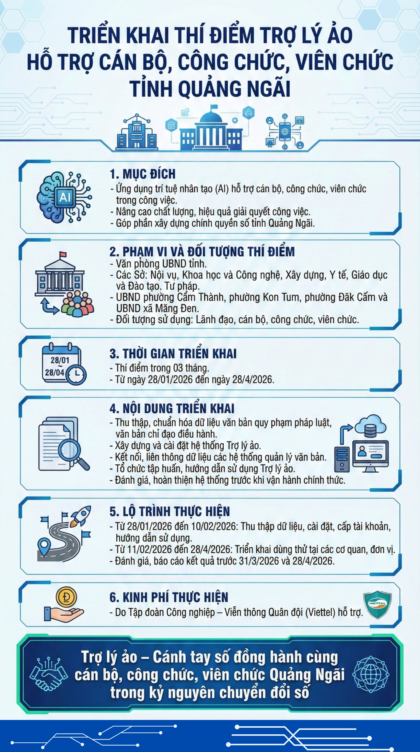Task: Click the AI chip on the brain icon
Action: click(x=65, y=197)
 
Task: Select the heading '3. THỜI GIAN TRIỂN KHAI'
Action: click(x=173, y=354)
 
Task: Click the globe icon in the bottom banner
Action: click(x=371, y=674)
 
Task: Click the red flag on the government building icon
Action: click(x=63, y=254)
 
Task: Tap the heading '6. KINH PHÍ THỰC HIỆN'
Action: click(x=169, y=598)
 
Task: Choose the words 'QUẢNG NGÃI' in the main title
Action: click(x=234, y=88)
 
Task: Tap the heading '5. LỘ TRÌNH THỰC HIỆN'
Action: click(x=170, y=511)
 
